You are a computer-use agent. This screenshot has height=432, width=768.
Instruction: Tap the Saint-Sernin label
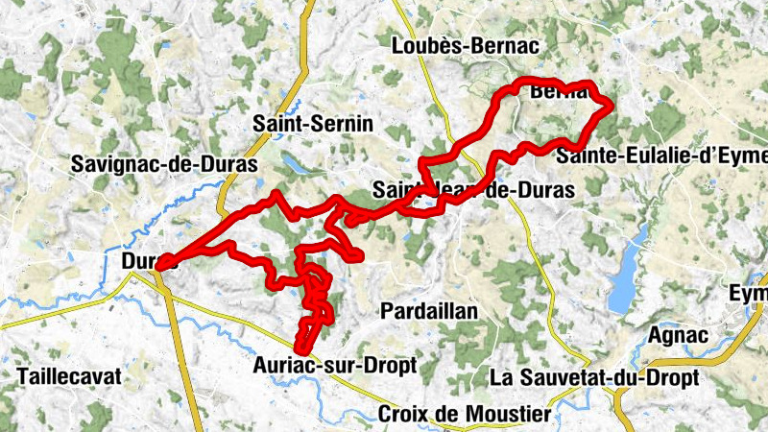312,123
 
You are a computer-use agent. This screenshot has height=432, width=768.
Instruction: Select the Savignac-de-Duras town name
164,164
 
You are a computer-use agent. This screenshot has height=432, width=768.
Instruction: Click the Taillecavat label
69,376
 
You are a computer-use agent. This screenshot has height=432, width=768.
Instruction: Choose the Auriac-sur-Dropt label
335,365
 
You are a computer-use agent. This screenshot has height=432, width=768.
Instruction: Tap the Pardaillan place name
429,310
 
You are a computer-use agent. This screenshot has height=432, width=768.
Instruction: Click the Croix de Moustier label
466,415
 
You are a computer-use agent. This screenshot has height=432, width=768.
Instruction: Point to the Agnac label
679,335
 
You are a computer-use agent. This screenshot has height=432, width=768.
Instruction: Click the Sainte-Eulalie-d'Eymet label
662,156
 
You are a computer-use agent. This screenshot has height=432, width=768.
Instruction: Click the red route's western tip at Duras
159,263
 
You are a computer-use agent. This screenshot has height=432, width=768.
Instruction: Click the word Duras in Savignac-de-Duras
227,164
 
